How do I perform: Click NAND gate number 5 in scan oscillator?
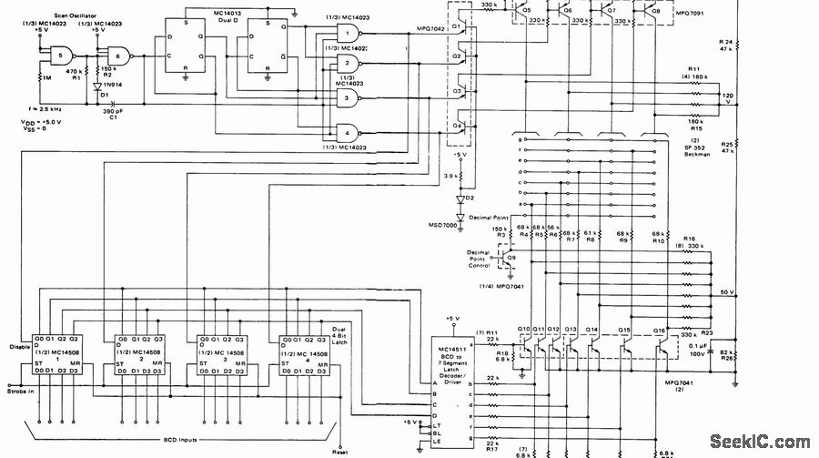(x=61, y=55)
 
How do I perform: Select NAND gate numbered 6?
(x=115, y=55)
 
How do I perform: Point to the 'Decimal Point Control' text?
(x=479, y=259)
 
